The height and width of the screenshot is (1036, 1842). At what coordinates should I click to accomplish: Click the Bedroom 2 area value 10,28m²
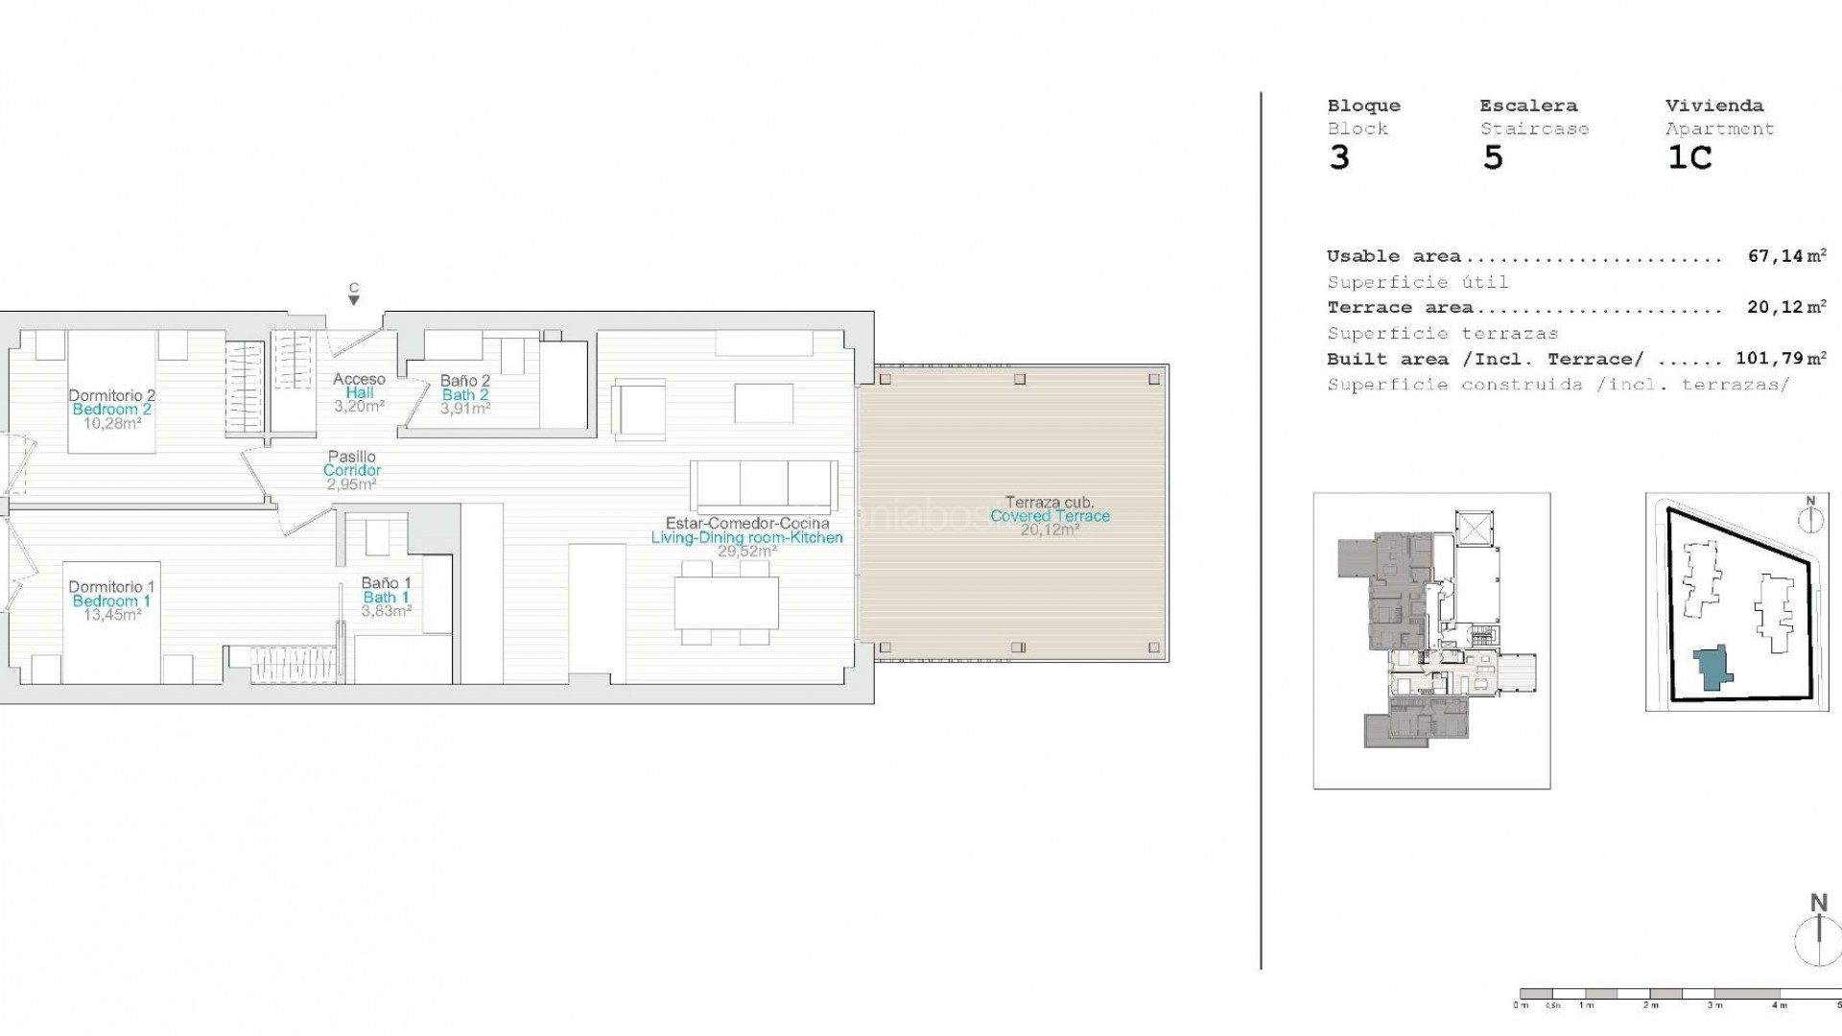[111, 423]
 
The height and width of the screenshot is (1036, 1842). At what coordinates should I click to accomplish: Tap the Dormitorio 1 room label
[111, 586]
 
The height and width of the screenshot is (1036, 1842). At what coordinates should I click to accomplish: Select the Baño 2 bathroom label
[465, 381]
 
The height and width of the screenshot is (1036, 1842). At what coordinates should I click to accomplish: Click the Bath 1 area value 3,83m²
[387, 610]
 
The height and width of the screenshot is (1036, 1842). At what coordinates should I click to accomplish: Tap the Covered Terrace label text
[1050, 516]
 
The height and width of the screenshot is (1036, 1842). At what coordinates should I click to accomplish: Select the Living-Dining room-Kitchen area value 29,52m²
[746, 552]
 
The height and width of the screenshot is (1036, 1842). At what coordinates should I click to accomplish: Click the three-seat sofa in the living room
[764, 485]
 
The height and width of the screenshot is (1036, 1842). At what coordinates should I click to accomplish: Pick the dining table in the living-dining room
[726, 603]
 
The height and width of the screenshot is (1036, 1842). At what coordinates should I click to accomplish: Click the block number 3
[1339, 158]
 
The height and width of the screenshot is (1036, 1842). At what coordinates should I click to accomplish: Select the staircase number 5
[1493, 158]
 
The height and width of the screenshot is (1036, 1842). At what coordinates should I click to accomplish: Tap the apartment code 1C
[1689, 158]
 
